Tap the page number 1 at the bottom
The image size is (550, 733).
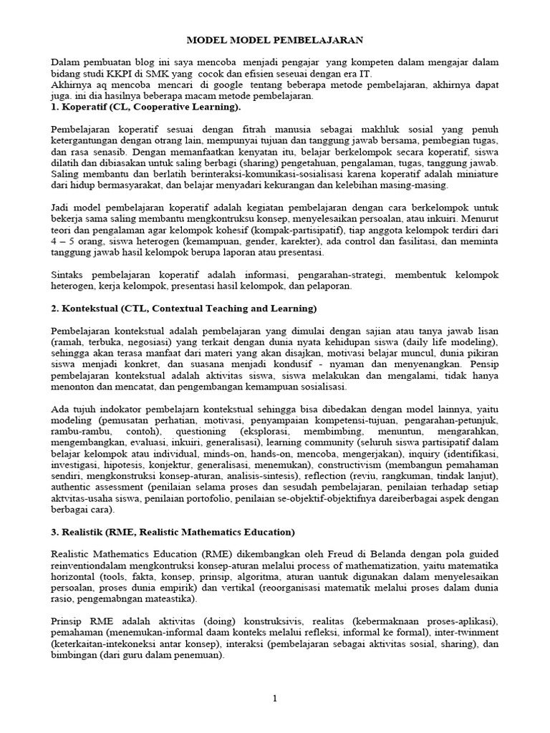coord(274,699)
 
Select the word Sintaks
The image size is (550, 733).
coord(69,275)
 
